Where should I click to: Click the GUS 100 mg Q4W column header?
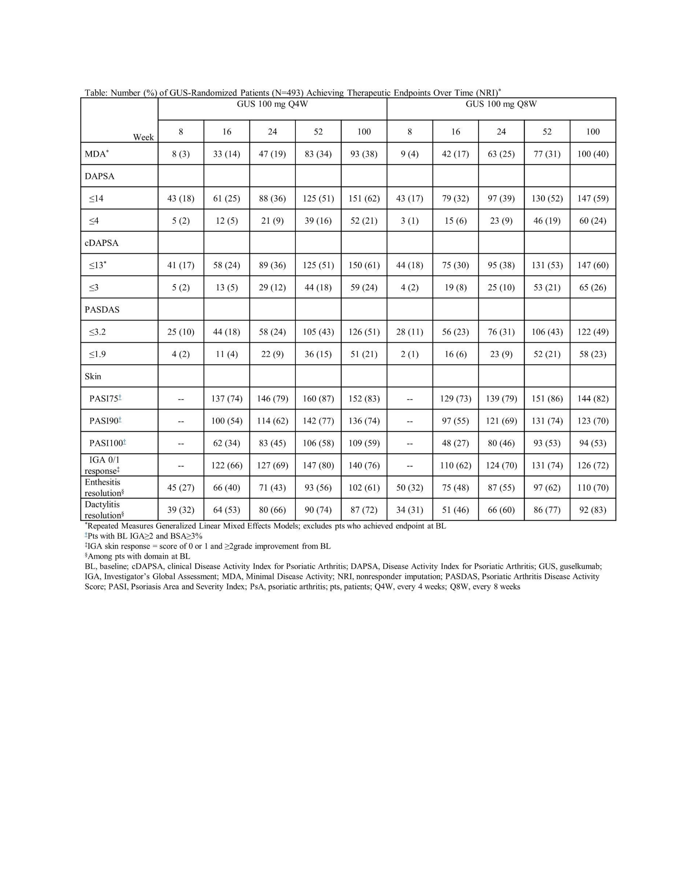272,104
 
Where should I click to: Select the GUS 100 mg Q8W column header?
501,104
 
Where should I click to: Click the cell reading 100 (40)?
593,154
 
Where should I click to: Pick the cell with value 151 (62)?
364,198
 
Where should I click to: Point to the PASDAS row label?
102,310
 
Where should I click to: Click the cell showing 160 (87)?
318,399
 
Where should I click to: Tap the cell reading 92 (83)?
593,510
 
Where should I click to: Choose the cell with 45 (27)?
181,488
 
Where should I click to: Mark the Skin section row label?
93,376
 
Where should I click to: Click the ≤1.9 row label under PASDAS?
97,354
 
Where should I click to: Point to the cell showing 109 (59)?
364,443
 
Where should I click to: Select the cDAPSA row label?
101,243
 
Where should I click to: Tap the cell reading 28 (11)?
410,332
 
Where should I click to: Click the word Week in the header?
143,137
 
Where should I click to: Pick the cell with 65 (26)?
593,288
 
